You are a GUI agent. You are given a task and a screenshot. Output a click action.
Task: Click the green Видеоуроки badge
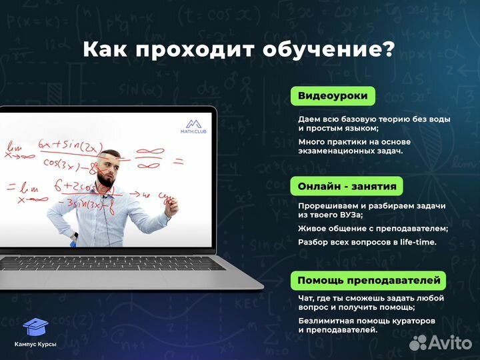click(x=333, y=96)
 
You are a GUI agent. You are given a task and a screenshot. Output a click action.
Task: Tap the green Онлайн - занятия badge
click(x=347, y=186)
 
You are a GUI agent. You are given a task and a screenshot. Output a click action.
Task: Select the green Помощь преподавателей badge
click(x=369, y=279)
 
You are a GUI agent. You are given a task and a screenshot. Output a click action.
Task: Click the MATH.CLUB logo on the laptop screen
click(x=193, y=126)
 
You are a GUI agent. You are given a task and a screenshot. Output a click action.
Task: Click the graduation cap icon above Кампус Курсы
click(x=35, y=327)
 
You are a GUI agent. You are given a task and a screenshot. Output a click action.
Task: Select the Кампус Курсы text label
click(x=35, y=344)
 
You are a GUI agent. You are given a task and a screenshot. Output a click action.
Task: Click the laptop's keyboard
click(x=113, y=263)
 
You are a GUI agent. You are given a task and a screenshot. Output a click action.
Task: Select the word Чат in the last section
click(x=307, y=298)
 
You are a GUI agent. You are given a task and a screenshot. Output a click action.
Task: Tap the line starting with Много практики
click(x=354, y=142)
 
